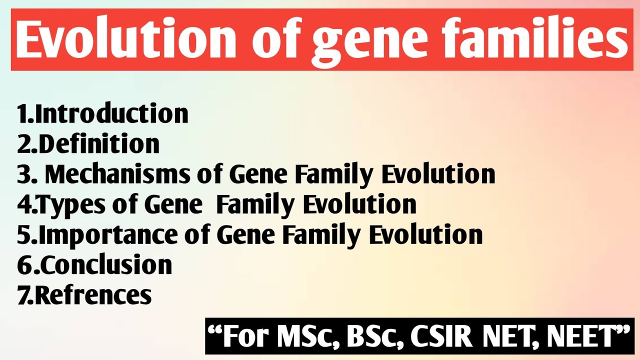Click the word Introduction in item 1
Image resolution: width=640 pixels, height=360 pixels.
click(x=111, y=114)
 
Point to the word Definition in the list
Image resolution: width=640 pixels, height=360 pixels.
click(x=98, y=144)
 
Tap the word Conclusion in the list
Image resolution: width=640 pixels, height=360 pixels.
click(x=106, y=265)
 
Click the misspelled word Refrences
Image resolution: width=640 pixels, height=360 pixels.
click(x=93, y=295)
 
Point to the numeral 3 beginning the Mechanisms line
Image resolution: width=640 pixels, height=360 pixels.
click(x=24, y=174)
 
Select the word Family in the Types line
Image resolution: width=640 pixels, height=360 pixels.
click(x=256, y=204)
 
